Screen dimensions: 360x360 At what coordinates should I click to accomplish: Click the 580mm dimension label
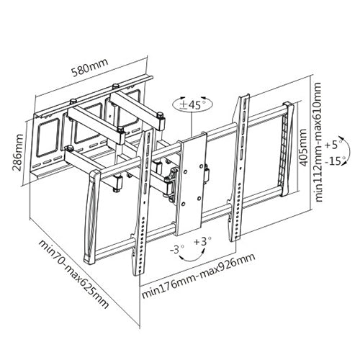pos(90,67)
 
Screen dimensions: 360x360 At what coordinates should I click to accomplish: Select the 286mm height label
pos(18,153)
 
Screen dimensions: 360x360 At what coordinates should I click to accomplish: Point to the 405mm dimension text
pos(303,148)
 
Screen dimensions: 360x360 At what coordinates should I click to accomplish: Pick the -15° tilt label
pos(335,161)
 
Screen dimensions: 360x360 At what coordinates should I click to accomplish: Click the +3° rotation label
pos(203,241)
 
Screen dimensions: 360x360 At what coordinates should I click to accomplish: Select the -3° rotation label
pos(176,250)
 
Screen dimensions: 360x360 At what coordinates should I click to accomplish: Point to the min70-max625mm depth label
pos(73,274)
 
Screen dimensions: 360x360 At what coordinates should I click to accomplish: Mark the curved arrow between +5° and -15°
pos(349,151)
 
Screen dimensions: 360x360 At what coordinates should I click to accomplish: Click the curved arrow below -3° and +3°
pos(192,260)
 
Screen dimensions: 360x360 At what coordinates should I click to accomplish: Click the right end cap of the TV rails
pos(288,148)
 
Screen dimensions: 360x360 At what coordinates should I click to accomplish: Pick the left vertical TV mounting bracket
pos(142,202)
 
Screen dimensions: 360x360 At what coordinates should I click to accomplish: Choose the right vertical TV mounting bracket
pos(239,168)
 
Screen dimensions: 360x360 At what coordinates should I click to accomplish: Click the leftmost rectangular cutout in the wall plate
pos(48,138)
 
